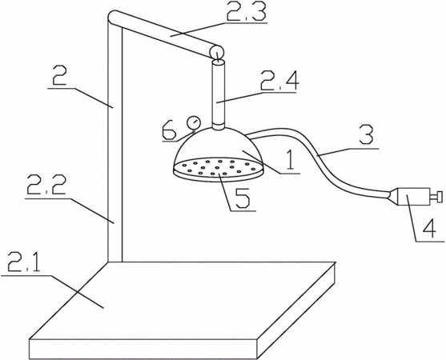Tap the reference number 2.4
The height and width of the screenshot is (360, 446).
click(279, 81)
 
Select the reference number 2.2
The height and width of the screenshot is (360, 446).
click(46, 186)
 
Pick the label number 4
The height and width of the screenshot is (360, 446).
click(428, 227)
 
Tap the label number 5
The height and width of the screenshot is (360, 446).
click(240, 198)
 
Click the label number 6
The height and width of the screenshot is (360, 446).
click(169, 130)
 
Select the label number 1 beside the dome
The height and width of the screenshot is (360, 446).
click(290, 159)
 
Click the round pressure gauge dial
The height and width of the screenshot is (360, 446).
click(194, 122)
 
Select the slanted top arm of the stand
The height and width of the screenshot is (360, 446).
click(162, 32)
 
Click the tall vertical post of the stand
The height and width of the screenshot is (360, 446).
click(115, 142)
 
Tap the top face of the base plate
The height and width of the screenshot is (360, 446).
click(182, 300)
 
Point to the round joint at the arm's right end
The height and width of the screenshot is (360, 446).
click(217, 53)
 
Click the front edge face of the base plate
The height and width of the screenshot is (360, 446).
click(143, 349)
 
